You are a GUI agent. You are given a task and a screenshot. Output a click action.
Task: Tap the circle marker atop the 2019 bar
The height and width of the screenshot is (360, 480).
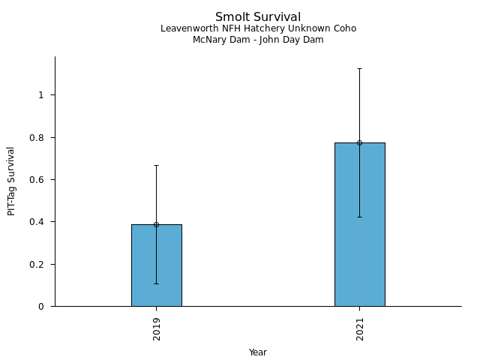156,224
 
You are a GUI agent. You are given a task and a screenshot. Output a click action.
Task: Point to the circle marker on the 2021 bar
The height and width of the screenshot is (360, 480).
359,142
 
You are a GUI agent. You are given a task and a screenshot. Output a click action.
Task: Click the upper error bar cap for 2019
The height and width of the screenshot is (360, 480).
156,165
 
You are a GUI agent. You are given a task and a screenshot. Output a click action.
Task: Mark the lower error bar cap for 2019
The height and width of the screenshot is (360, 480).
156,283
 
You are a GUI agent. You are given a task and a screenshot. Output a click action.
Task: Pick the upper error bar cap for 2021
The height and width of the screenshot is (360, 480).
359,68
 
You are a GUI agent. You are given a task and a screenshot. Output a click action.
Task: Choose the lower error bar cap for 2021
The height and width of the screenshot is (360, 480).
359,217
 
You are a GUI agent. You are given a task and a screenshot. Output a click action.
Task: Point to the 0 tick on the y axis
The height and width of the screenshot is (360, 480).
42,307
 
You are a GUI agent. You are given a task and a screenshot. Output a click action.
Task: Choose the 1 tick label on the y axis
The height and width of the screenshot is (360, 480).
42,95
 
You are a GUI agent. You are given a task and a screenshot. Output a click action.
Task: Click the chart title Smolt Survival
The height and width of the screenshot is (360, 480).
258,17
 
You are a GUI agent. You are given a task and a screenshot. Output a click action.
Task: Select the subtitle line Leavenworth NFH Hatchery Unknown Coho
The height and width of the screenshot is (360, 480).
258,28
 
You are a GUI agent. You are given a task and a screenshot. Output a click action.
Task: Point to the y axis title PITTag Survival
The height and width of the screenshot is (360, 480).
11,181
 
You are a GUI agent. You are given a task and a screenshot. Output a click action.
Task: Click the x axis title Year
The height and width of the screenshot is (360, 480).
258,352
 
